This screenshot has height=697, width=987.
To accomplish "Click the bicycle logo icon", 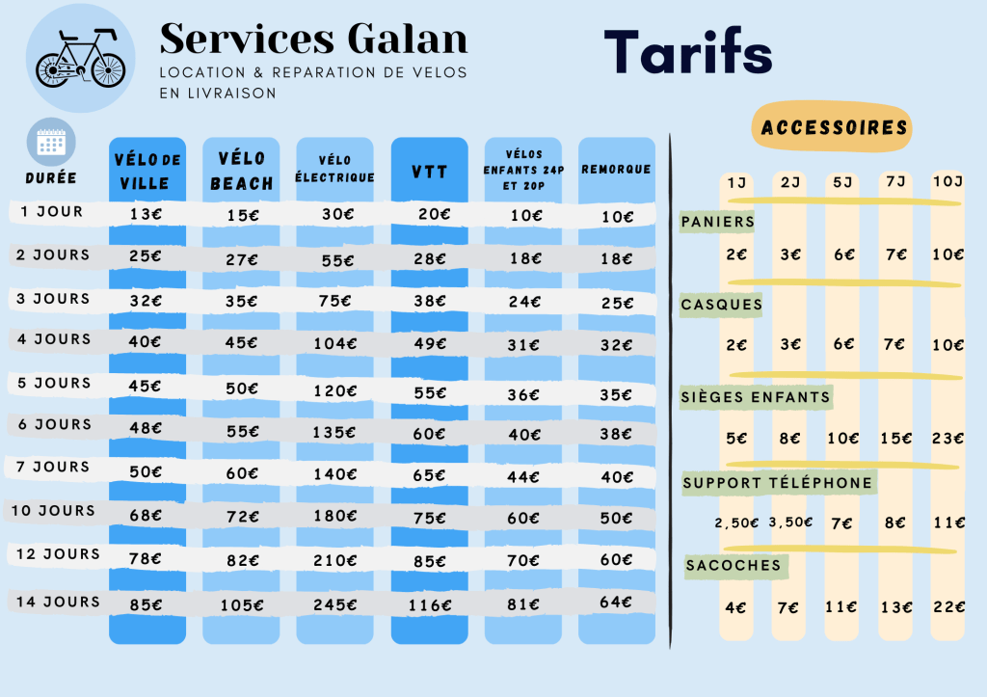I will point(80,59).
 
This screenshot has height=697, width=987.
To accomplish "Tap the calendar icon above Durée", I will point(50,143).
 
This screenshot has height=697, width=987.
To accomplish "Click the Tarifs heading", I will point(688,52).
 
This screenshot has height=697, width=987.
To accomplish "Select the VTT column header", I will point(429,172).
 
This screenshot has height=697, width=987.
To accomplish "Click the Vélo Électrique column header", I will point(335,169).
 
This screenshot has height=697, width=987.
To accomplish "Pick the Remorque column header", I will point(616,169).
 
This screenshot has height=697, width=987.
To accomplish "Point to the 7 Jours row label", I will point(53,467).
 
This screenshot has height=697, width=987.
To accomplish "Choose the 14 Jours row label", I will point(58,602).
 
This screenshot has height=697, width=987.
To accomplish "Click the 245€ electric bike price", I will point(335,605).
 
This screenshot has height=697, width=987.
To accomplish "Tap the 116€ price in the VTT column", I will point(429,605).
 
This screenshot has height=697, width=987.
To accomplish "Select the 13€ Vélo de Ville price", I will point(146,214).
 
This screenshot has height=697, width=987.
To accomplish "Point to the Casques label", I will point(722,305).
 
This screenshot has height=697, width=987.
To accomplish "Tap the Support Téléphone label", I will point(779,483).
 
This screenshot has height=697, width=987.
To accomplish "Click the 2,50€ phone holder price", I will point(736,523).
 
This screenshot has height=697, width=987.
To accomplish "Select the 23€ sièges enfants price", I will point(948,438).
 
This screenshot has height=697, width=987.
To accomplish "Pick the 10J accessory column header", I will point(947,181).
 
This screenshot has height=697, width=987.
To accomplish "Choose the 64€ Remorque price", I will point(616,602).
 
